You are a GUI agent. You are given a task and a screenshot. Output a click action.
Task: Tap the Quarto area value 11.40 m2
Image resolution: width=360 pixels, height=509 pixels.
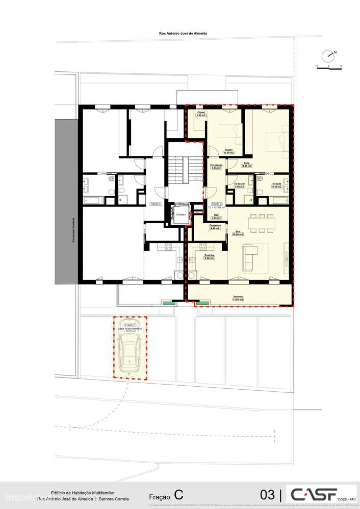point(229,153)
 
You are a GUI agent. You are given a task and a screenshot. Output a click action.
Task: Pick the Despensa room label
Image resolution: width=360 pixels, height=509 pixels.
point(215,225)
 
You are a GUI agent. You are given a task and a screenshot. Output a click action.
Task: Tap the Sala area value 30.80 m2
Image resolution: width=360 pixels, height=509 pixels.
point(238,234)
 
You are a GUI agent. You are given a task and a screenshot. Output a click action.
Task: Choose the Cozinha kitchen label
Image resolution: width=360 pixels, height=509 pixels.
point(209,255)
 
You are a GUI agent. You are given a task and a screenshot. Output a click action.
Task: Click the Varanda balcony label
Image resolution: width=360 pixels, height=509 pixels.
point(238,296)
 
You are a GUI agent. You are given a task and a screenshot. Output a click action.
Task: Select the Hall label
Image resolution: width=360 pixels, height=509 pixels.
point(215,215)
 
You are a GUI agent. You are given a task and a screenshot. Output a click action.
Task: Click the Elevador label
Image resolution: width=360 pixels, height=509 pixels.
point(181,215)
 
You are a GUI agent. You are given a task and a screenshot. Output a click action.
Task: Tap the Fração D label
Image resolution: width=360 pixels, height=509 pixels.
point(156,204)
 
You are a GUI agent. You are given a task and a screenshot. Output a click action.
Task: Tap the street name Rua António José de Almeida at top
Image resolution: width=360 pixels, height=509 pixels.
point(183,33)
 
